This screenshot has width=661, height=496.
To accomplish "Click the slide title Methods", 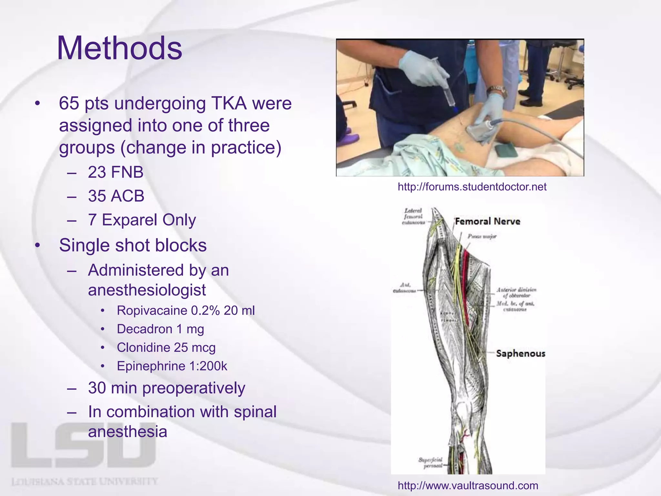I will [x=119, y=48].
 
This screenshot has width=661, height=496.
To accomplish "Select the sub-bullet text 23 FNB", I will [x=116, y=172].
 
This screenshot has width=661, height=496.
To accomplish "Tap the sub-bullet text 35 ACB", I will [x=116, y=196].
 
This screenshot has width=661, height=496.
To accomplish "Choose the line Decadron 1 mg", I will [x=160, y=329].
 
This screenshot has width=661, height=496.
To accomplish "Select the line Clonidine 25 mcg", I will [x=166, y=348].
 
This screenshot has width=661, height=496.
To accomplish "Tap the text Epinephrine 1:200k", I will [x=172, y=366].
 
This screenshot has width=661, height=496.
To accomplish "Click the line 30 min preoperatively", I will [x=166, y=388].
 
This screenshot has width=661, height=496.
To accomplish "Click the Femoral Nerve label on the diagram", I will [x=487, y=222].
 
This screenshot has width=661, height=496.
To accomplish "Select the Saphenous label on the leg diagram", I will [x=520, y=353].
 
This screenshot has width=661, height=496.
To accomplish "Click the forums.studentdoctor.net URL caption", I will [x=472, y=187].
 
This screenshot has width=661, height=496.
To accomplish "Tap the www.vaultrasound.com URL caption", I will [x=468, y=485].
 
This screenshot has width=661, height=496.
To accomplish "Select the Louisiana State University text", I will [x=85, y=482].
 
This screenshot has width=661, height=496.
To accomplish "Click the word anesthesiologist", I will [x=147, y=290].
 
